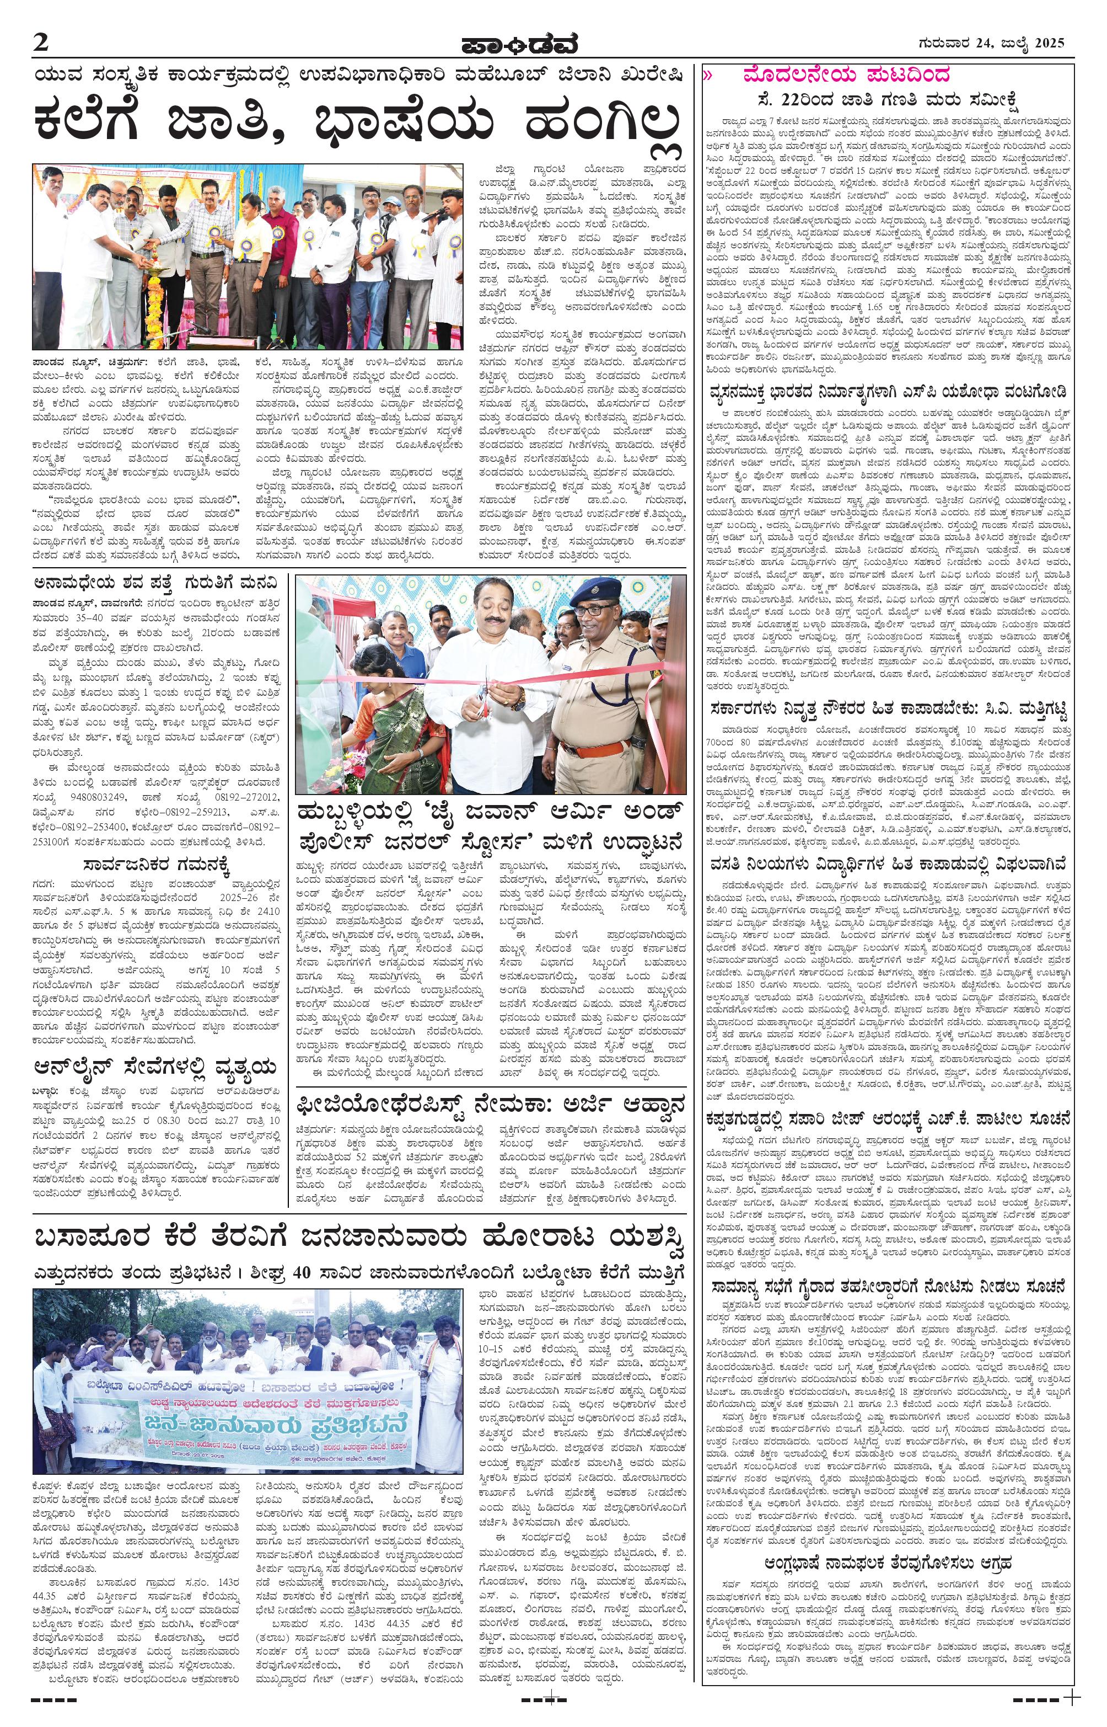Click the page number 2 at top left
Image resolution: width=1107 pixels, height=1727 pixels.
40,44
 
